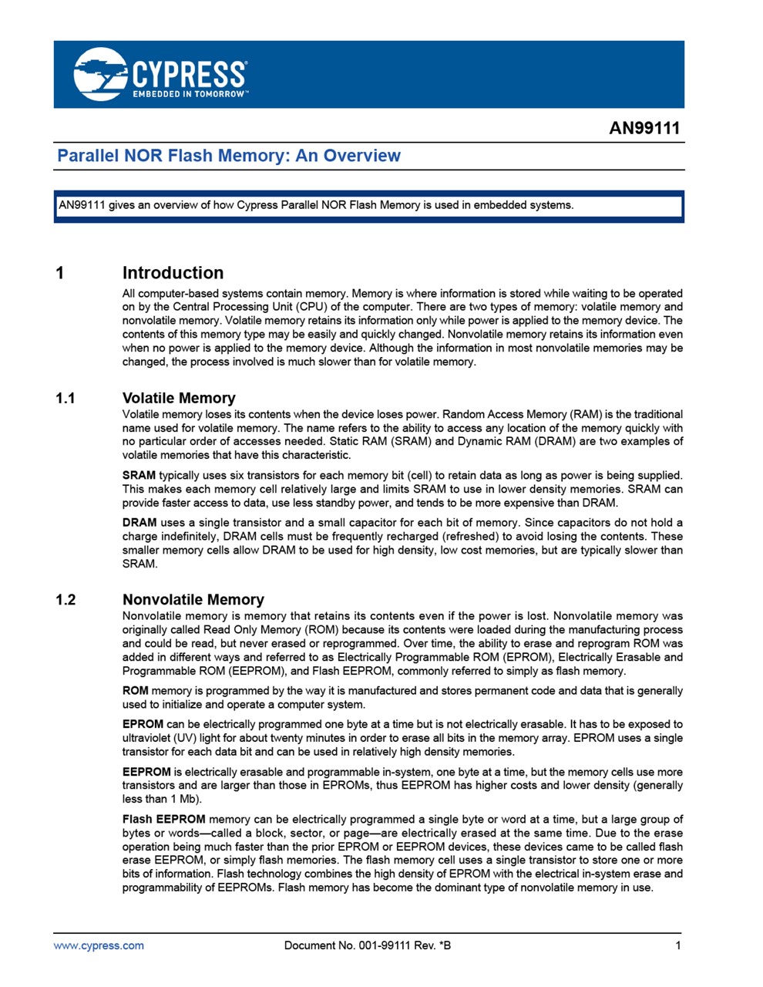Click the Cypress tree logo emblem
[x=100, y=74]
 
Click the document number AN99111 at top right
[x=644, y=128]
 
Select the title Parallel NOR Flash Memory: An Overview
[x=229, y=156]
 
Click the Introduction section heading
[x=173, y=273]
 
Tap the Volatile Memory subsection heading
[x=179, y=398]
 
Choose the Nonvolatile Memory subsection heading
[x=193, y=599]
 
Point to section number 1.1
[x=66, y=399]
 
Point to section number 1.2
[x=66, y=600]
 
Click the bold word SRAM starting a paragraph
[x=139, y=476]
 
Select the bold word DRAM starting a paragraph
[x=139, y=523]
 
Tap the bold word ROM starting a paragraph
[x=135, y=691]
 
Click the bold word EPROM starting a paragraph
[x=143, y=725]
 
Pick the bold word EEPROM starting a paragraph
[x=146, y=772]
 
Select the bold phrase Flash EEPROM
[x=163, y=820]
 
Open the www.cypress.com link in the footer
[x=99, y=945]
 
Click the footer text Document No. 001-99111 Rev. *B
[x=368, y=945]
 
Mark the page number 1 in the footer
[x=678, y=945]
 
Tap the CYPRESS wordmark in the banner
[x=190, y=74]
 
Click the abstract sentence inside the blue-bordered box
[x=316, y=205]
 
